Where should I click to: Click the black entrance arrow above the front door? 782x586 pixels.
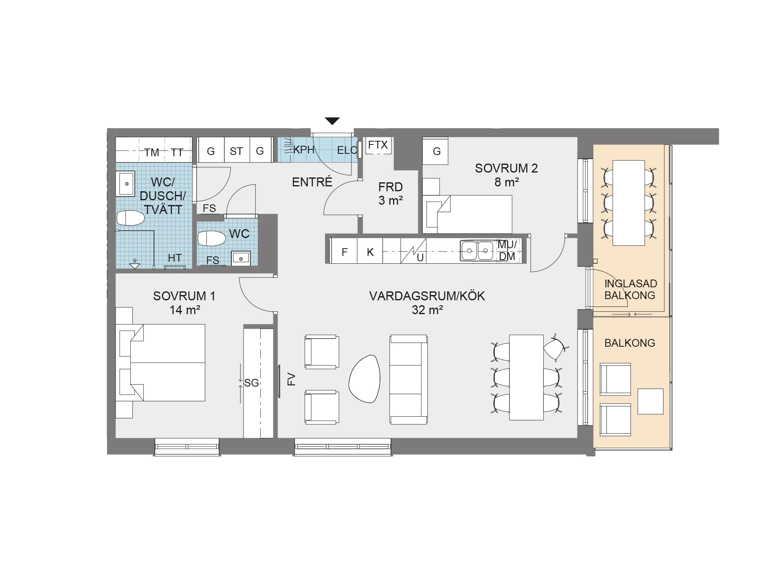332,121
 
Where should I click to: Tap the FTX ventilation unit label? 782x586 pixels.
378,145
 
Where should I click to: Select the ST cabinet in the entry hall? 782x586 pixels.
237,150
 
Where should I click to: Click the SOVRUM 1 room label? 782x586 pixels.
184,296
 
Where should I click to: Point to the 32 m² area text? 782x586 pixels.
427,310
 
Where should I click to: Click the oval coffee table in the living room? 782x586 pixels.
365,379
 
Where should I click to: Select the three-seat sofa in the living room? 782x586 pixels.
409,380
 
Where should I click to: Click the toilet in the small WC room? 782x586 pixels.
211,238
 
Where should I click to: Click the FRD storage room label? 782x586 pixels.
391,187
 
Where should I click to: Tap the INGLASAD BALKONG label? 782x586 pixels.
630,289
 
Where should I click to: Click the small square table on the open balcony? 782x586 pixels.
650,401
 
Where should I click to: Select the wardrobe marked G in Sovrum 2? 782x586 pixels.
435,151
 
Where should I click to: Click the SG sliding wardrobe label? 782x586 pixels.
252,383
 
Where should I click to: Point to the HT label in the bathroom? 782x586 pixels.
175,258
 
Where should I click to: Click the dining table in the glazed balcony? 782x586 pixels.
628,203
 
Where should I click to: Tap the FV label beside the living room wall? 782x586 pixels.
291,379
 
